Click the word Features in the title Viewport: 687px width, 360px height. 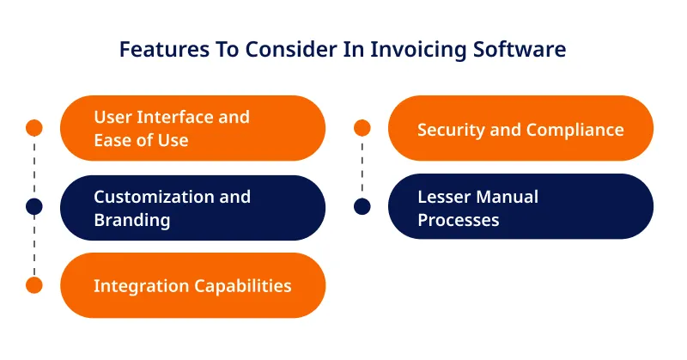164,49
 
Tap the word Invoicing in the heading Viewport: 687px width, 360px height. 418,50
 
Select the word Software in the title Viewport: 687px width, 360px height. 520,49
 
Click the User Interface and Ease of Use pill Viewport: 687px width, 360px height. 192,128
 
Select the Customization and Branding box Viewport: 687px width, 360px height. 192,207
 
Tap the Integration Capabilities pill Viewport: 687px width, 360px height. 192,285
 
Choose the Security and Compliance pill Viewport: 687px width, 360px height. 520,128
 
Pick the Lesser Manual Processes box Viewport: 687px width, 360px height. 520,206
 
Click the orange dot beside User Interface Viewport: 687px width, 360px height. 34,128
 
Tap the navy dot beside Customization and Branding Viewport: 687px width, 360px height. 34,206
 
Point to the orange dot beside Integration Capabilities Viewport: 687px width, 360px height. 34,285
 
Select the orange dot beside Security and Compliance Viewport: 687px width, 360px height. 362,128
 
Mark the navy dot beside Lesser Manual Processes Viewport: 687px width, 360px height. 362,206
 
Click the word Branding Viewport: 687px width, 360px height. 132,221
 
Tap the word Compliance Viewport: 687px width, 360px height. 575,131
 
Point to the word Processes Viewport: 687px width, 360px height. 459,220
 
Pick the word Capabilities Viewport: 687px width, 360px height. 242,286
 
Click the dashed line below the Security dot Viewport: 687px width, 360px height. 362,167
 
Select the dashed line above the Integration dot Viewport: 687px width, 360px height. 34,246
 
